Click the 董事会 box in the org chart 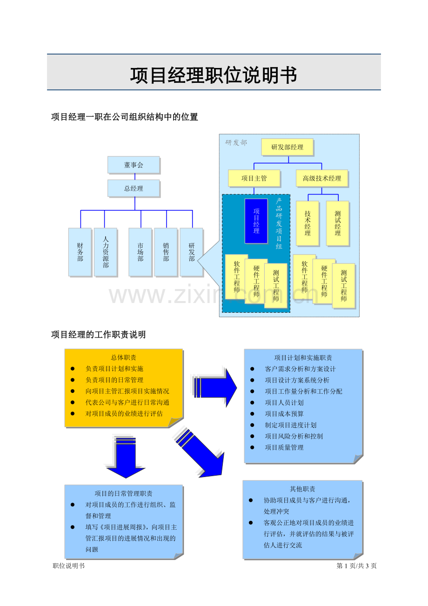pyautogui.click(x=134, y=165)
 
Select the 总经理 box pyautogui.click(x=134, y=189)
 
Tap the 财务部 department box pyautogui.click(x=80, y=252)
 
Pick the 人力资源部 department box pyautogui.click(x=106, y=252)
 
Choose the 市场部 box pyautogui.click(x=140, y=252)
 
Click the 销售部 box pyautogui.click(x=166, y=252)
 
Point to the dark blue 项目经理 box pyautogui.click(x=256, y=221)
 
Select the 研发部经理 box pyautogui.click(x=287, y=147)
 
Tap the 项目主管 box pyautogui.click(x=254, y=178)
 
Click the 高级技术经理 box pyautogui.click(x=322, y=178)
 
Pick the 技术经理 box pyautogui.click(x=308, y=223)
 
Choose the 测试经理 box pyautogui.click(x=338, y=223)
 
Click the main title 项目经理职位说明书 pyautogui.click(x=214, y=75)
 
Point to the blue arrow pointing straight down pyautogui.click(x=126, y=458)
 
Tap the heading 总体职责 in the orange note pyautogui.click(x=124, y=357)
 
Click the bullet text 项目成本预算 pyautogui.click(x=284, y=414)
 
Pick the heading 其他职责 pyautogui.click(x=302, y=489)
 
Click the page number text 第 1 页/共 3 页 pyautogui.click(x=356, y=566)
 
